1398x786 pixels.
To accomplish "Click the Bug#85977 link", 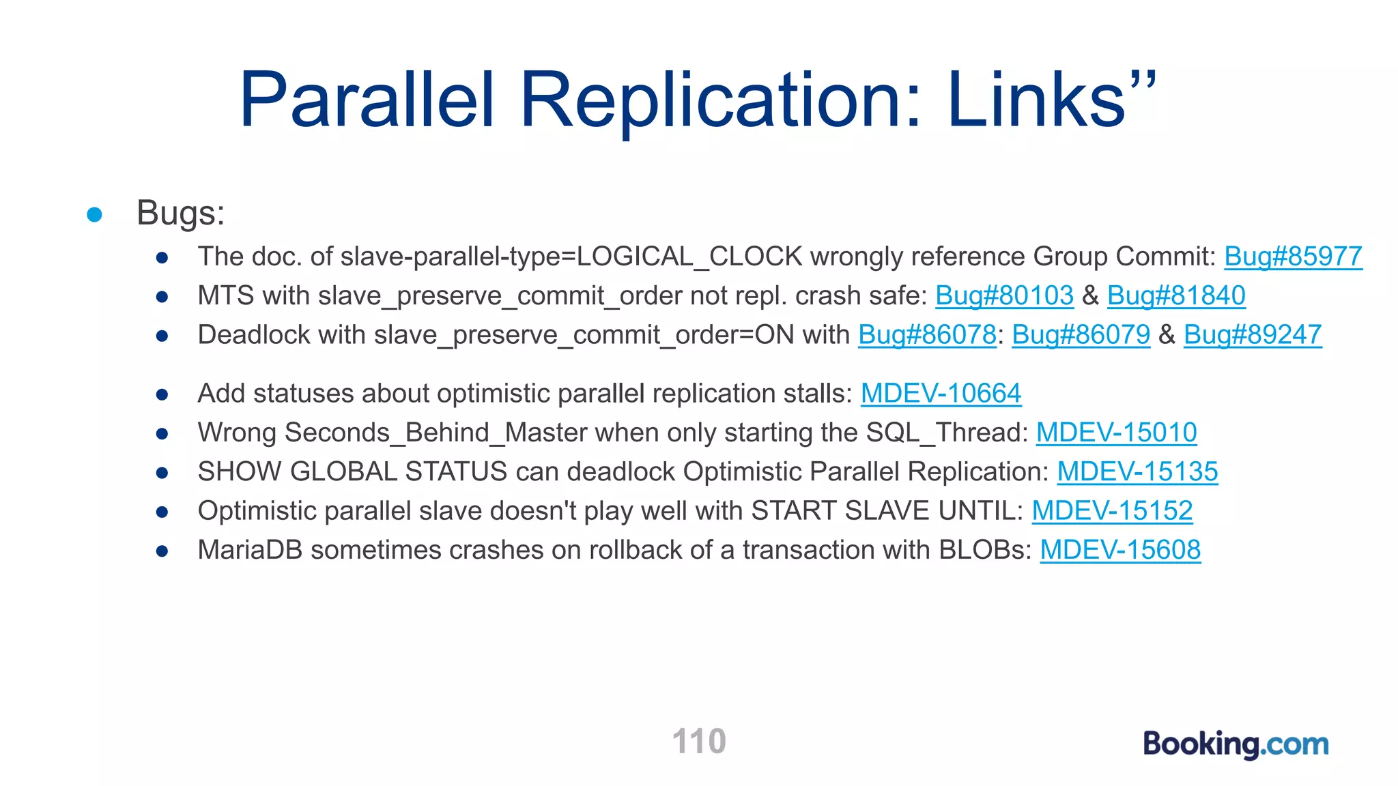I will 1293,257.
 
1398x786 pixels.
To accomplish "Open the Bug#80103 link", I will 1004,295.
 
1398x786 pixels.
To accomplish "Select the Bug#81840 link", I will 1176,295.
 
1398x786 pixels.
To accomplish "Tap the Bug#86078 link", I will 927,334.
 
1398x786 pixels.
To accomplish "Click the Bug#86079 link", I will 1081,334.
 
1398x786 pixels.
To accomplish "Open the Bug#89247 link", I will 1253,334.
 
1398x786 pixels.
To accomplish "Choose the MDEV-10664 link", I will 941,393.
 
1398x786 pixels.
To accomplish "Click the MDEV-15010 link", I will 1116,433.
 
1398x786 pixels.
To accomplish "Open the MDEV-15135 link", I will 1137,471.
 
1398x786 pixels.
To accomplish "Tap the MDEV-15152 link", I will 1112,510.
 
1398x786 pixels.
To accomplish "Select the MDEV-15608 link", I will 1120,550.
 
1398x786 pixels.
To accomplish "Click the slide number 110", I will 699,741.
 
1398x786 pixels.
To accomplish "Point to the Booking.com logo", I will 1236,744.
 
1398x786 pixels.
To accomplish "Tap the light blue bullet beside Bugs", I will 95,215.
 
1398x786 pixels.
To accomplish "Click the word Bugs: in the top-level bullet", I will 180,213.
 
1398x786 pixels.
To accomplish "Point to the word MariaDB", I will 250,550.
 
